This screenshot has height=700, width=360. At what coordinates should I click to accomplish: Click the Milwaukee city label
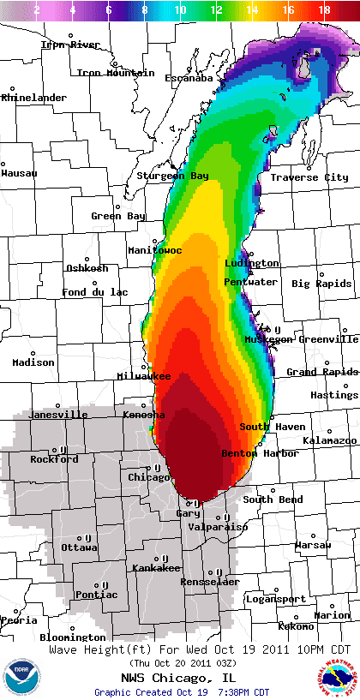tap(144, 376)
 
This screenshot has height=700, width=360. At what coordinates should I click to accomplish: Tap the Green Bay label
tap(118, 216)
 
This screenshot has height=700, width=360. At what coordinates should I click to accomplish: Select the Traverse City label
tap(309, 177)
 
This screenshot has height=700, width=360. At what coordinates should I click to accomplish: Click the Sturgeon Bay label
tap(172, 176)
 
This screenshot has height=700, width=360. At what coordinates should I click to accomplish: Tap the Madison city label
tap(33, 362)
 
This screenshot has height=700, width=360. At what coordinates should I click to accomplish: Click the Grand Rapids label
tap(321, 372)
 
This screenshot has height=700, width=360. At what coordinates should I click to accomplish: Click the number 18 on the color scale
tap(324, 9)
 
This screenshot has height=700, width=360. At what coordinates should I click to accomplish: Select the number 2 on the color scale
tap(36, 9)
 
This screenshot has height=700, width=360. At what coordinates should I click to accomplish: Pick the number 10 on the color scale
tap(180, 9)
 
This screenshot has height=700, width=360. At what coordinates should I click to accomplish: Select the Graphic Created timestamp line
tap(181, 691)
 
